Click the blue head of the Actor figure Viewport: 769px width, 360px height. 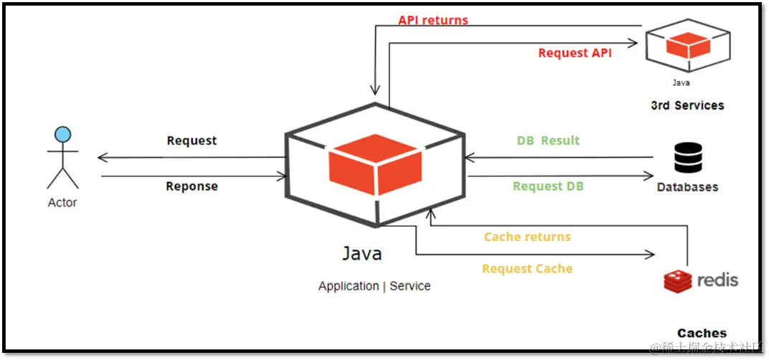pyautogui.click(x=63, y=134)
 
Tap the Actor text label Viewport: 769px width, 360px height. pyautogui.click(x=62, y=202)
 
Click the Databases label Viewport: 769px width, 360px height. pyautogui.click(x=688, y=187)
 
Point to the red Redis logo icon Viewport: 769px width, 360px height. pyautogui.click(x=677, y=281)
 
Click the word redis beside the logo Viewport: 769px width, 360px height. pyautogui.click(x=717, y=280)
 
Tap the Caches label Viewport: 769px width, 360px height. pyautogui.click(x=702, y=333)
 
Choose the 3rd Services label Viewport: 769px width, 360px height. pyautogui.click(x=687, y=105)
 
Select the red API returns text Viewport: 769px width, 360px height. pyautogui.click(x=433, y=20)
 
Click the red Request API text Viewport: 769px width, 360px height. pyautogui.click(x=575, y=53)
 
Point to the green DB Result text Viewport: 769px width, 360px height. pyautogui.click(x=548, y=141)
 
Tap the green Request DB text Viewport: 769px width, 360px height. pyautogui.click(x=548, y=186)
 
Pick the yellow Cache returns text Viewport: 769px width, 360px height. pyautogui.click(x=527, y=237)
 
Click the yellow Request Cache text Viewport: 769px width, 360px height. pyautogui.click(x=527, y=269)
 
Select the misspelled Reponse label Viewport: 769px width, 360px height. pyautogui.click(x=192, y=186)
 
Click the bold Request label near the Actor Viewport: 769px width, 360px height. pyautogui.click(x=192, y=141)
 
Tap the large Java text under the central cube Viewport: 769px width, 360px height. pyautogui.click(x=362, y=254)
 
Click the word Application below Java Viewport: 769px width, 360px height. pyautogui.click(x=349, y=286)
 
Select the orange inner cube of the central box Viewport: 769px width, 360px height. pyautogui.click(x=375, y=164)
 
